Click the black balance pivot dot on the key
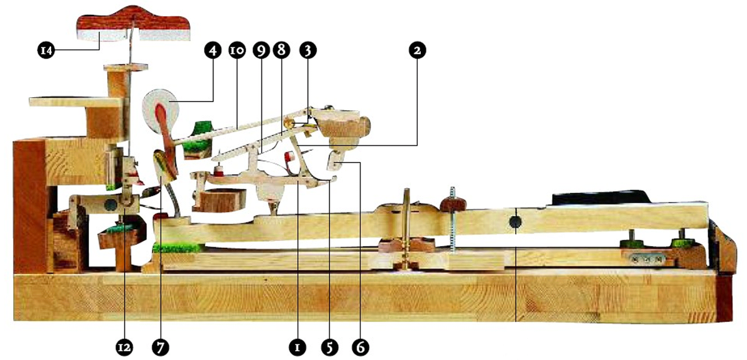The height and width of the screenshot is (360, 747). (x=516, y=220)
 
